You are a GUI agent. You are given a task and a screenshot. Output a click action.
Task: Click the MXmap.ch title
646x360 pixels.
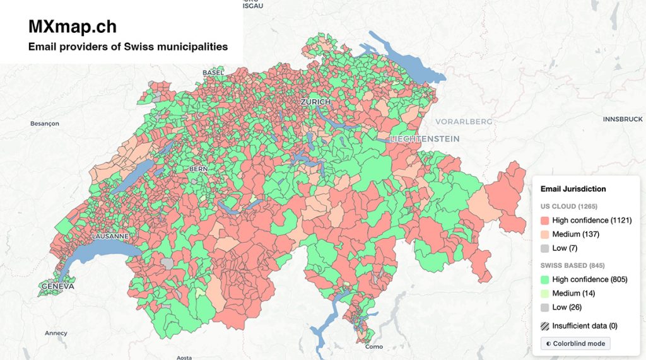(x=73, y=26)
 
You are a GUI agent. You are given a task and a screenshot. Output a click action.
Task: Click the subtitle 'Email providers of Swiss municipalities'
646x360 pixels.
(x=128, y=47)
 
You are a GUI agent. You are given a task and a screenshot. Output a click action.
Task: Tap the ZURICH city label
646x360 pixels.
(x=315, y=102)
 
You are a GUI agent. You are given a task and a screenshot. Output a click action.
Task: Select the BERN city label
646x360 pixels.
(x=198, y=169)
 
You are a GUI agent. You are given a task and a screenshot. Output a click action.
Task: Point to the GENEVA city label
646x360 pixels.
(x=57, y=286)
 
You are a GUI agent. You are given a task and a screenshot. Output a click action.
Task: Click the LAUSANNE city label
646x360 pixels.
(x=110, y=236)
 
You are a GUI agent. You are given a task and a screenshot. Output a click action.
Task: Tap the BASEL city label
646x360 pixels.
(x=213, y=73)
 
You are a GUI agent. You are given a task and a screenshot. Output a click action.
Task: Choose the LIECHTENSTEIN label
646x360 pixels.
(x=425, y=139)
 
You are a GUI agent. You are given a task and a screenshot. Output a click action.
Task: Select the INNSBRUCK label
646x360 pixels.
(x=622, y=119)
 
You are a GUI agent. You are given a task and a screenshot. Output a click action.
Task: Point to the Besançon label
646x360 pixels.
(x=45, y=124)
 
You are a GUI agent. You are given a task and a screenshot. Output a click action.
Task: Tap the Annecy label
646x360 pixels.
(x=56, y=333)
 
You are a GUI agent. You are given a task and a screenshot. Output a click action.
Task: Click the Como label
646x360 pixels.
(x=373, y=347)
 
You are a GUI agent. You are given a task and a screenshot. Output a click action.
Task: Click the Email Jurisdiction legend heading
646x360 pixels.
(x=573, y=189)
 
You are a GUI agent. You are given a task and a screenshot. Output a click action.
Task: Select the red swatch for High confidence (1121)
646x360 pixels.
(x=545, y=221)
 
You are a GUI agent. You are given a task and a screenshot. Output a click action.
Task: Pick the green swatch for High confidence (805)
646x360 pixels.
(x=545, y=279)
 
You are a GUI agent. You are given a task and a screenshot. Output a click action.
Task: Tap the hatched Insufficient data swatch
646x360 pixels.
(x=545, y=327)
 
